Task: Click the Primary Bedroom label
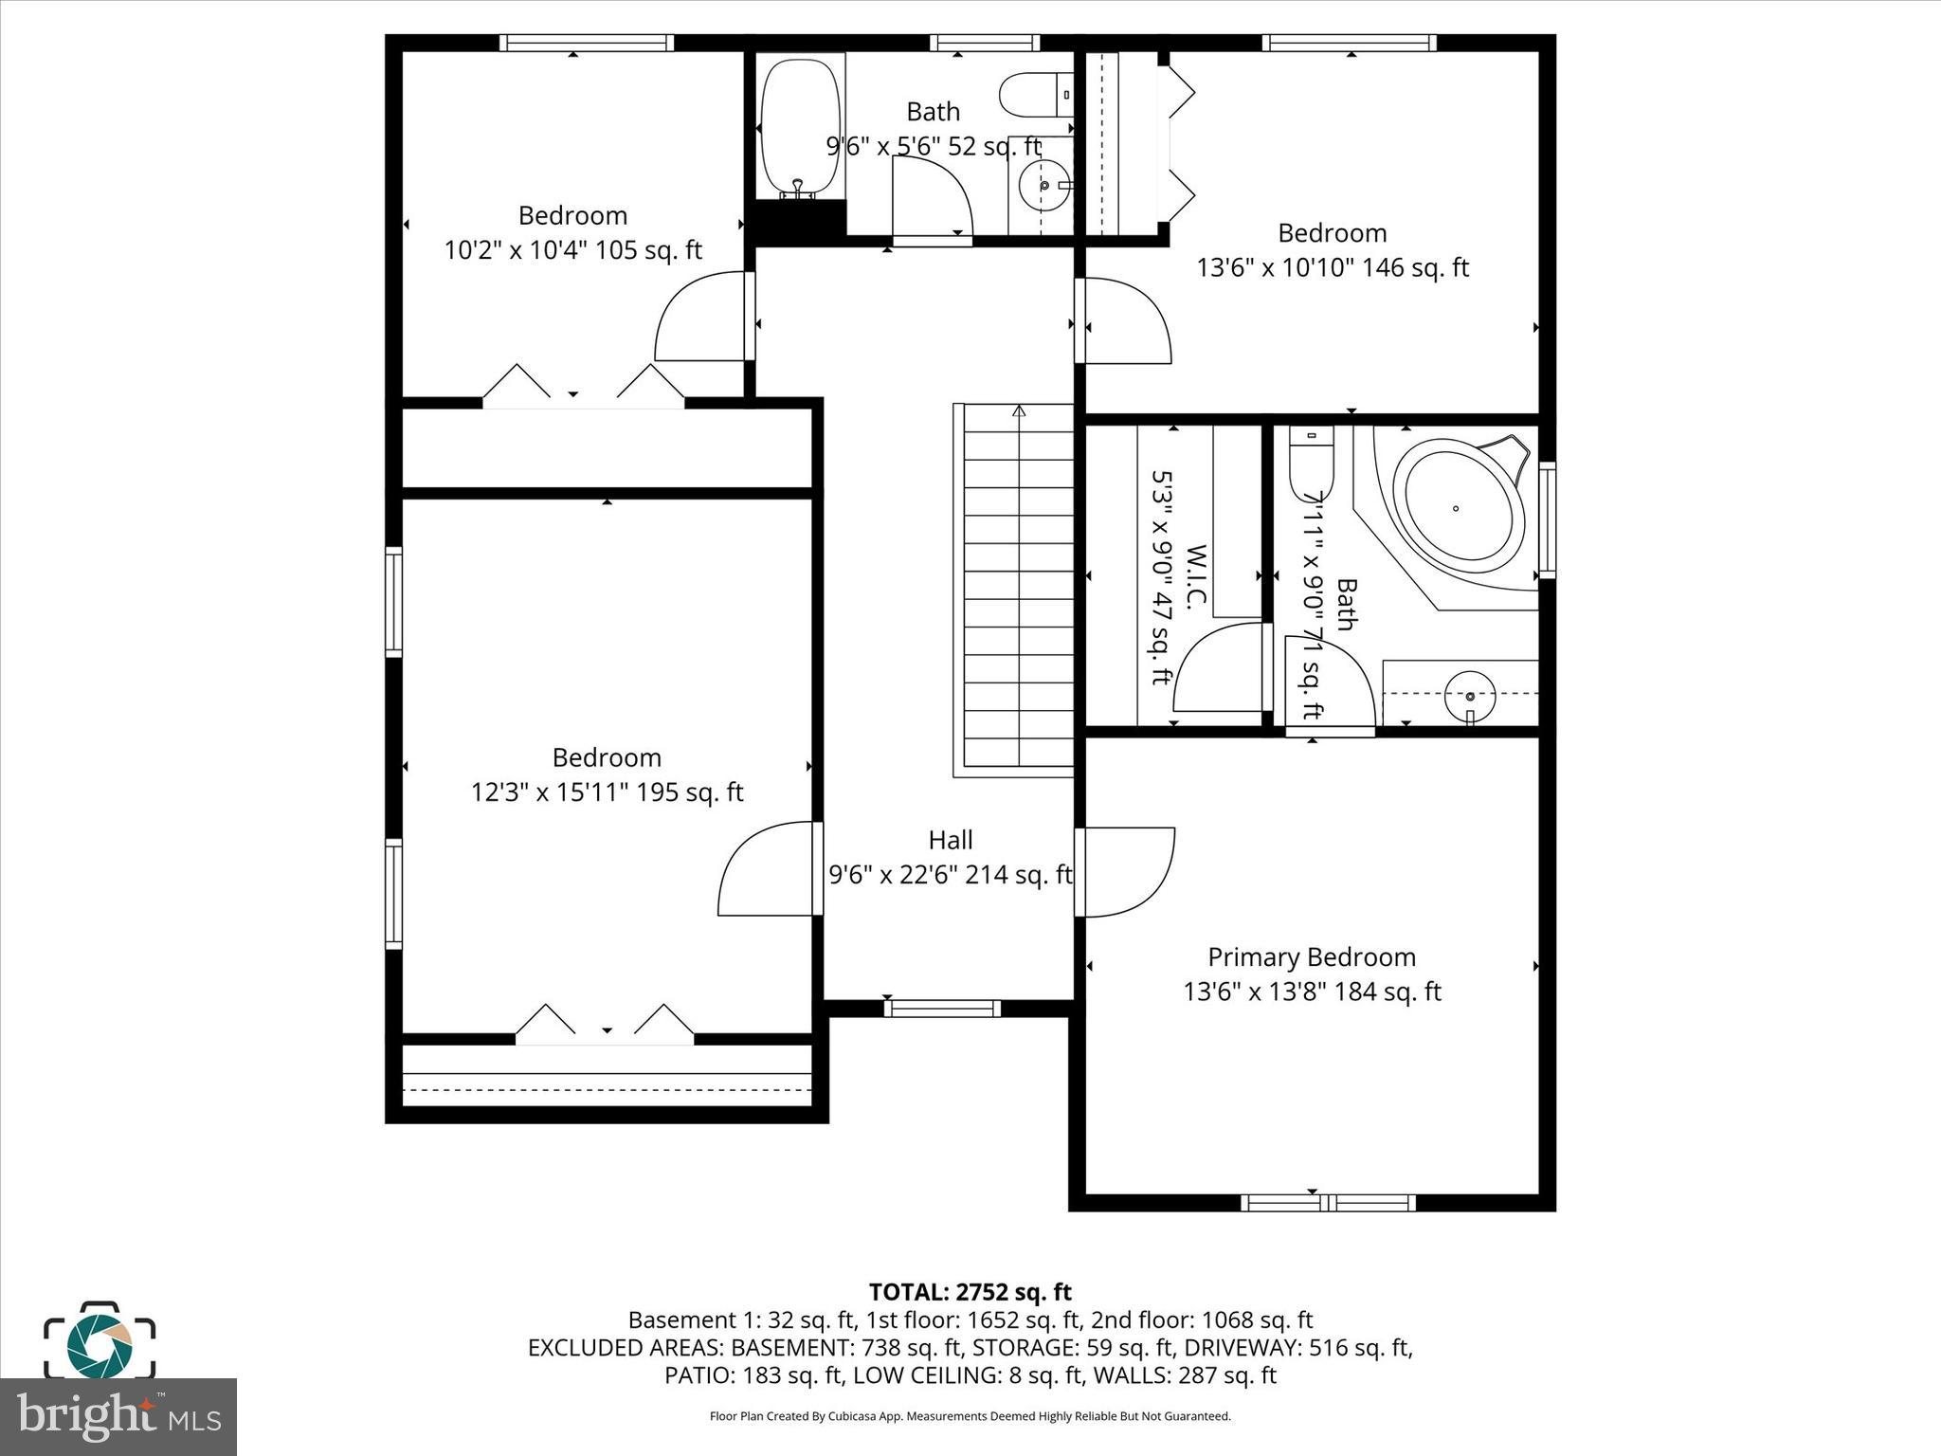(1311, 957)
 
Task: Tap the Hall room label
(950, 841)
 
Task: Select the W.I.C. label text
(1195, 578)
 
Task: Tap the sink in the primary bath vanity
(1469, 695)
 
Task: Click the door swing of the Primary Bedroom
(1128, 872)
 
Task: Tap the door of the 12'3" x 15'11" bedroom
(768, 870)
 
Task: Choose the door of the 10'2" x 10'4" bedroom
(701, 318)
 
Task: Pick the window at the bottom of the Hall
(942, 1009)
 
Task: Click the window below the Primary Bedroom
(1328, 1203)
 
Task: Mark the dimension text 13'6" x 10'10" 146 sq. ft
(1332, 268)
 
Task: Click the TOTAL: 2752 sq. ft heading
(970, 1292)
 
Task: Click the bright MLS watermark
(118, 1416)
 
